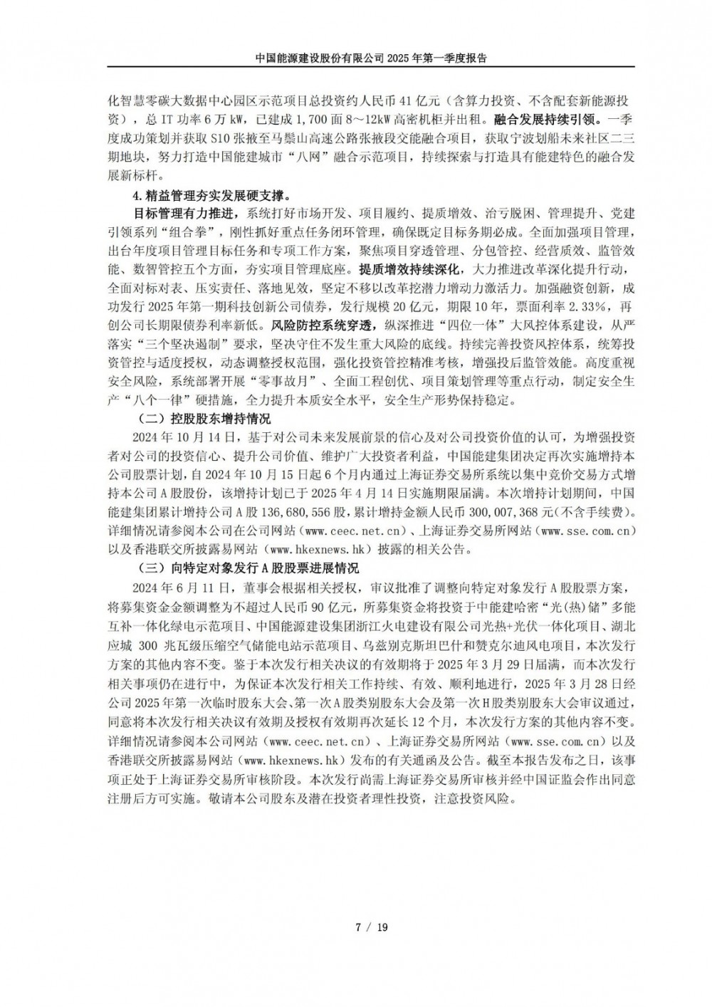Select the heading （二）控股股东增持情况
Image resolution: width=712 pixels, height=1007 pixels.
[202, 418]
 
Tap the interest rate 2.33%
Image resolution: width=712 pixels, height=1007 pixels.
[585, 307]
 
